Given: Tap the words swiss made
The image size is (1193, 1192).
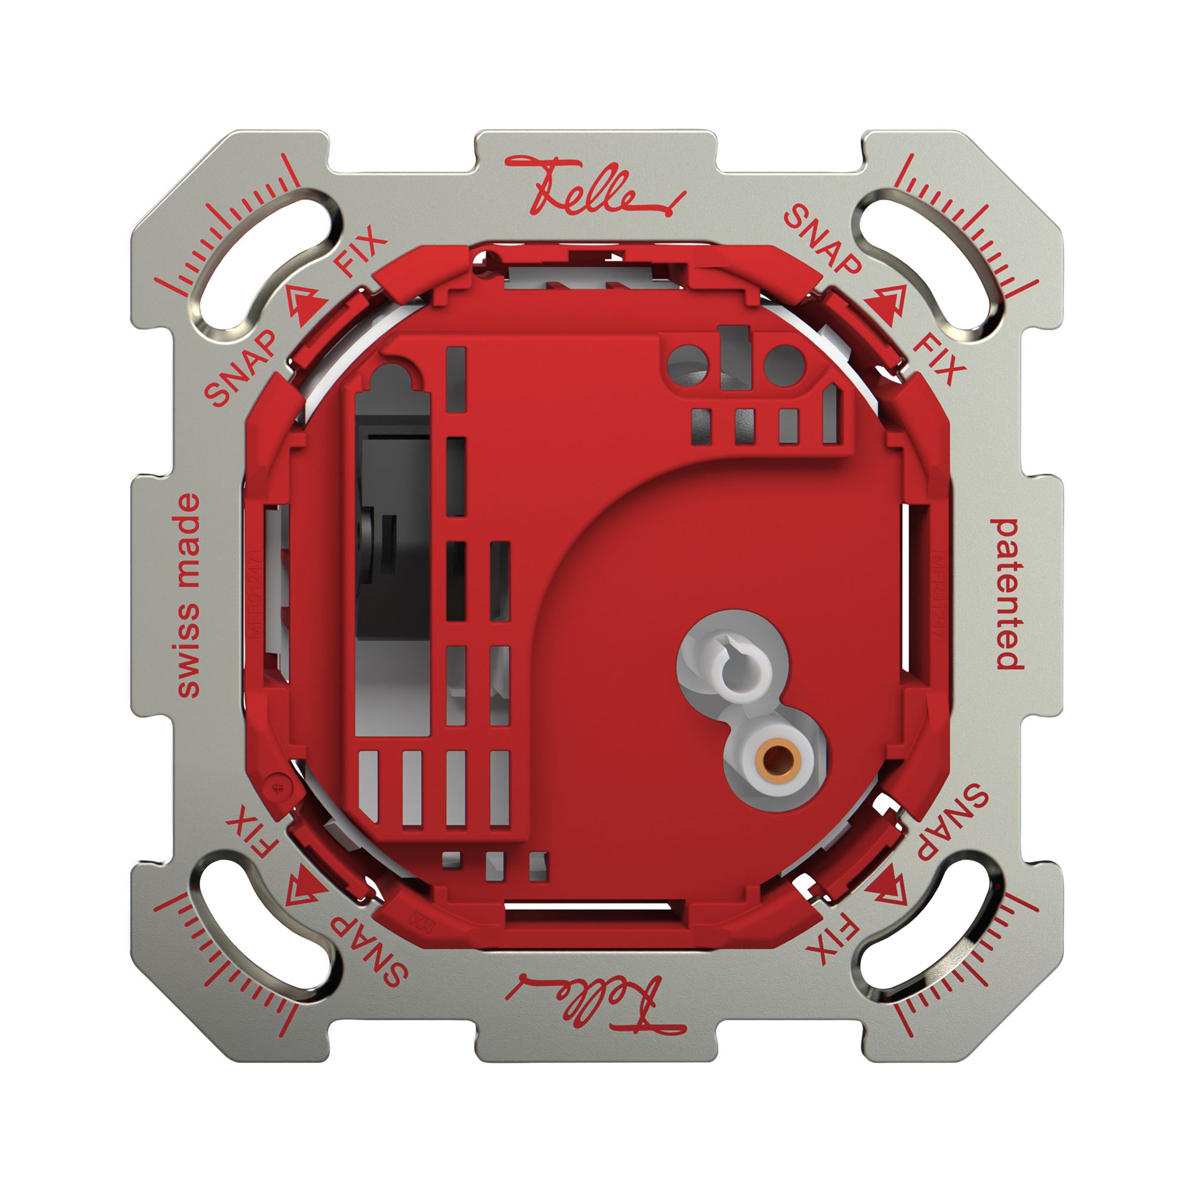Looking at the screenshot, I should point(188,595).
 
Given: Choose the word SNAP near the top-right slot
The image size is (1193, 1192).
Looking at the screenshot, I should point(821,240).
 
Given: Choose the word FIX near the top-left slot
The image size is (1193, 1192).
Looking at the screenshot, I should point(361,252).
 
